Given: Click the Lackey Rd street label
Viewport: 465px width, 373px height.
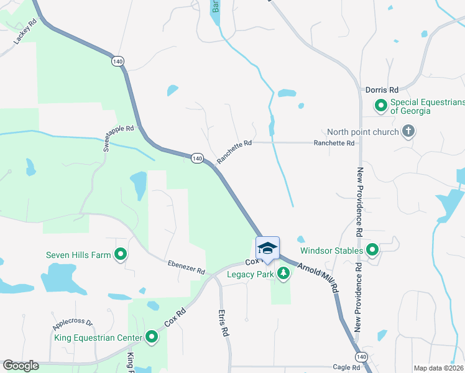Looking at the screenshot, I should click(25, 31).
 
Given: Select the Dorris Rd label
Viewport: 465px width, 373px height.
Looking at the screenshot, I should click(382, 90).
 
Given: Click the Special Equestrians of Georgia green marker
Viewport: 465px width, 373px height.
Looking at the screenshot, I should click(380, 106).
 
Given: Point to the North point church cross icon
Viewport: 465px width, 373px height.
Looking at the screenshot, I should click(408, 132).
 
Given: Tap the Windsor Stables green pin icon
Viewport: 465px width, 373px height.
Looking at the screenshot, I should click(372, 251).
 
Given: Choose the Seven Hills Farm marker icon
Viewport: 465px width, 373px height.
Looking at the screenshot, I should click(121, 254).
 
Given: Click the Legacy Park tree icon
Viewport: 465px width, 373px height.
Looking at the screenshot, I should click(283, 273).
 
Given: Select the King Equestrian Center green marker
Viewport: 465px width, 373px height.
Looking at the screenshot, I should click(152, 338).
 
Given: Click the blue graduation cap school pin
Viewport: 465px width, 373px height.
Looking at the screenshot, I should click(267, 248).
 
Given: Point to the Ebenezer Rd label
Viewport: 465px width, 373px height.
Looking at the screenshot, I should click(186, 267).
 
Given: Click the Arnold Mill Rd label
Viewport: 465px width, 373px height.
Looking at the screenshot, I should click(317, 277).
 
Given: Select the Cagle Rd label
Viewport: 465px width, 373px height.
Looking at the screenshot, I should click(346, 368).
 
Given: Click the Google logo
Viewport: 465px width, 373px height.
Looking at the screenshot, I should click(20, 366).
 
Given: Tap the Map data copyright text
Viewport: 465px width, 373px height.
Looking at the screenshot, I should click(439, 368).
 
